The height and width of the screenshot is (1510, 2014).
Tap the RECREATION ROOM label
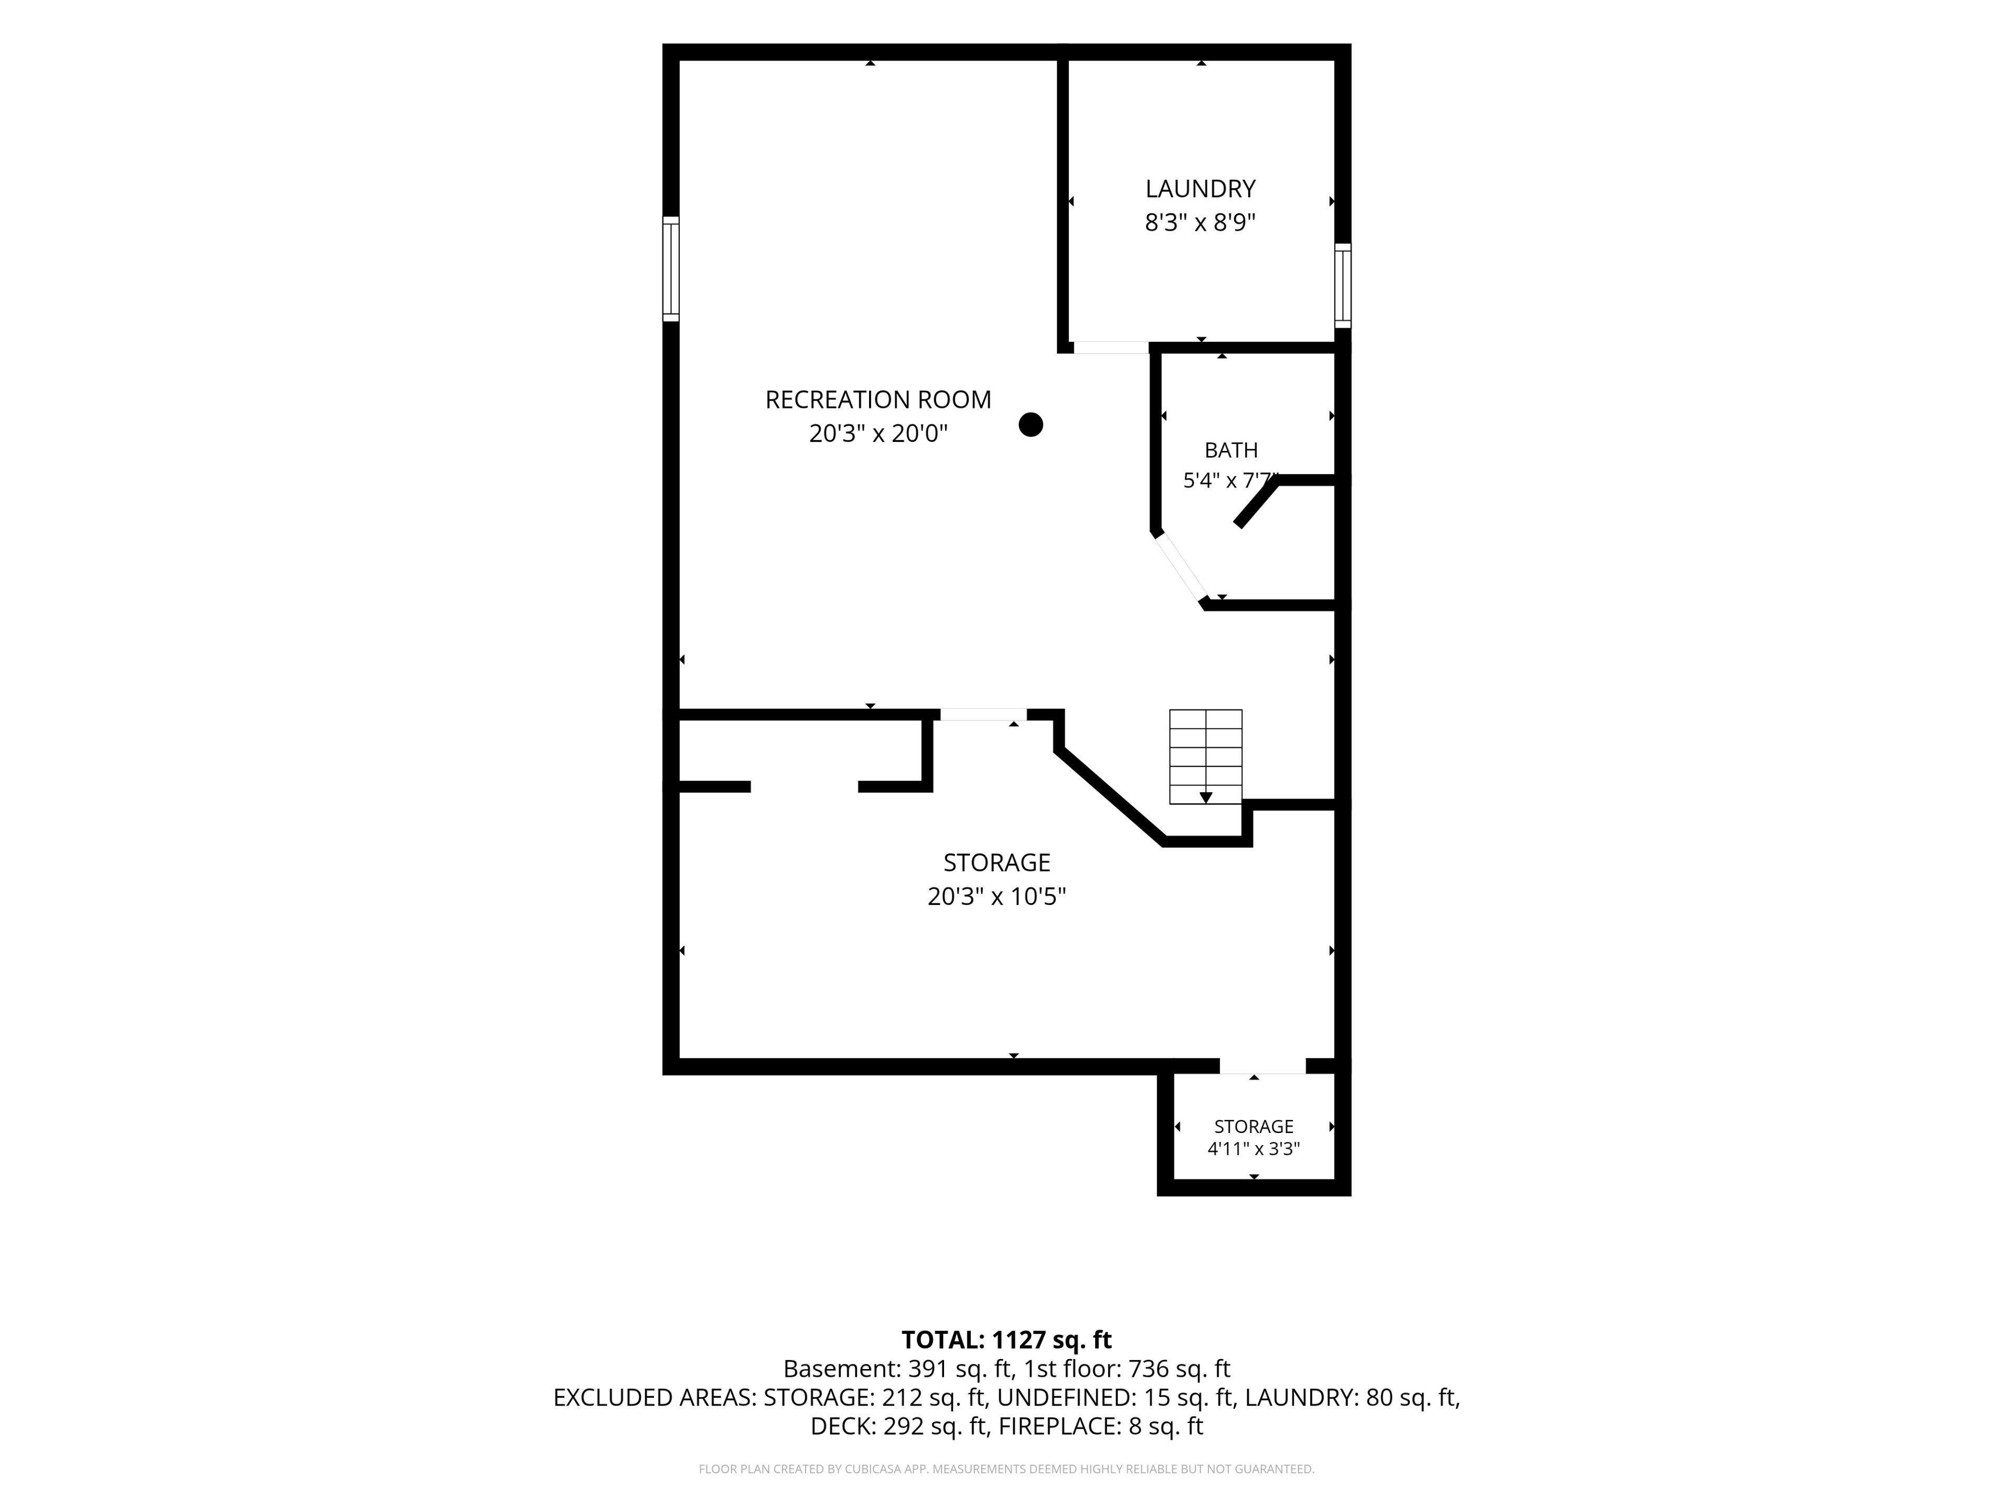[x=877, y=400]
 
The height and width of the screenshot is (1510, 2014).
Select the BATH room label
[x=1231, y=450]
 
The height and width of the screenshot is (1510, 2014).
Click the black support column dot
[x=1031, y=424]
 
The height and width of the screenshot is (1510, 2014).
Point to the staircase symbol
[x=1205, y=757]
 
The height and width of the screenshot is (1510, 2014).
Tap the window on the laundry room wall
[x=1343, y=285]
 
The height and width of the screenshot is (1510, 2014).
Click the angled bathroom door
[x=1181, y=568]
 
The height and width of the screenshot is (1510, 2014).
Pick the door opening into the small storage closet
[x=1263, y=1066]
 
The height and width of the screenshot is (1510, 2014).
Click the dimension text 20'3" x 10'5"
[x=997, y=897]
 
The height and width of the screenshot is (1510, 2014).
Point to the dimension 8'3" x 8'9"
[x=1200, y=222]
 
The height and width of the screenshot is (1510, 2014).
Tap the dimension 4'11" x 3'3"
[x=1254, y=1149]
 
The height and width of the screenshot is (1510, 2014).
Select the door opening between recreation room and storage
[x=983, y=715]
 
